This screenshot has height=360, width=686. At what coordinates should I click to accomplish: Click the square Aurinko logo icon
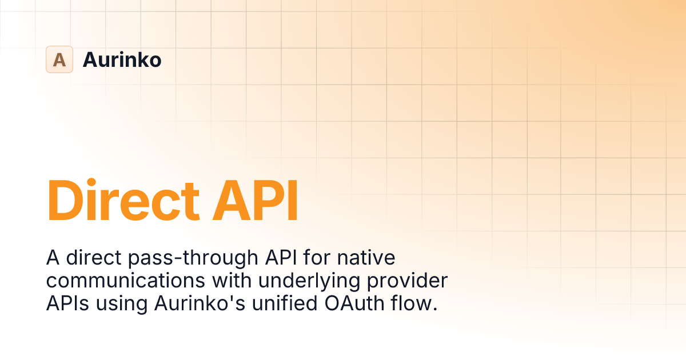[x=59, y=59]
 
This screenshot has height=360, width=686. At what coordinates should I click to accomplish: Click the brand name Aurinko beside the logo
[x=122, y=59]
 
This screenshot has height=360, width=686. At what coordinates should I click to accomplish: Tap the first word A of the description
[x=52, y=258]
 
